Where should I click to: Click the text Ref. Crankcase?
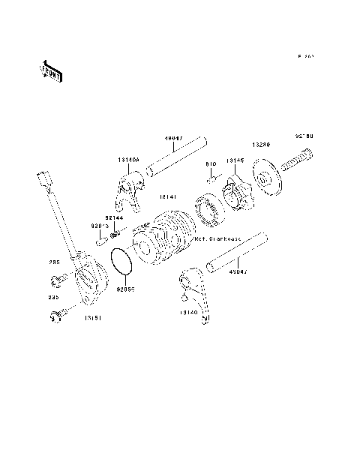[x=215, y=239]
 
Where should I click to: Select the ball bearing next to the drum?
[x=208, y=208]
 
